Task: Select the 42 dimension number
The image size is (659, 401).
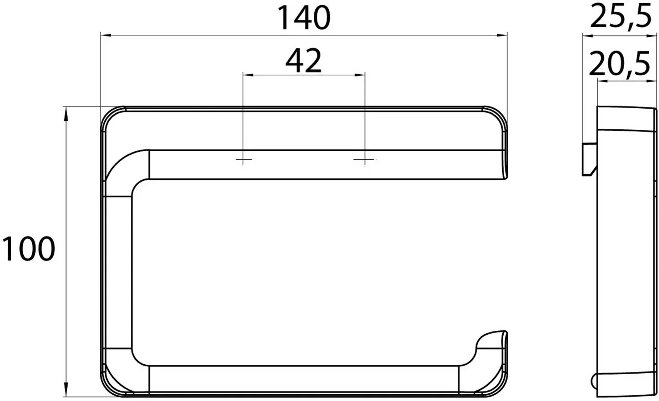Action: [304, 61]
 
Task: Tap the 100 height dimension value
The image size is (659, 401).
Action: [29, 248]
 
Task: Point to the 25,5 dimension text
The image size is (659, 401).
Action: [621, 16]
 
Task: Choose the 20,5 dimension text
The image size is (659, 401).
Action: [620, 64]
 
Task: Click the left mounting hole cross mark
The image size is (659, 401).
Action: [243, 160]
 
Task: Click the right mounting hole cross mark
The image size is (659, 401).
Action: [365, 160]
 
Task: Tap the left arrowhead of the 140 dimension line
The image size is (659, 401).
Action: [106, 35]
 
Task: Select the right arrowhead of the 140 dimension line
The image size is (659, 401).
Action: [502, 35]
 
